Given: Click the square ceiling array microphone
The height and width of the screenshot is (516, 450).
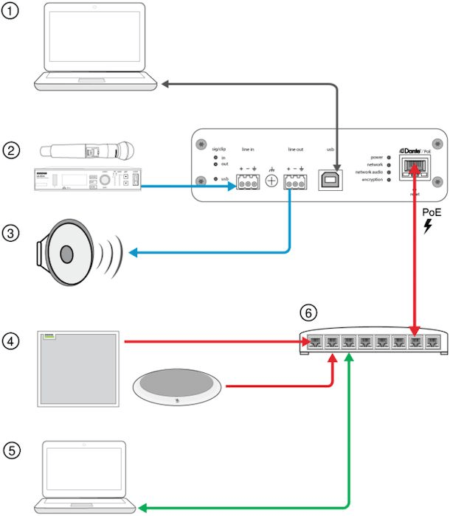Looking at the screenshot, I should pos(78,369).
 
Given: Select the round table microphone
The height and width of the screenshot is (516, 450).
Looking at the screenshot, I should pos(178,385).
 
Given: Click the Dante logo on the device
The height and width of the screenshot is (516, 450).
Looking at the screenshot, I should pos(411,150).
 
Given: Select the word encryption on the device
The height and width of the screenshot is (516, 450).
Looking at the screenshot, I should pos(373,179).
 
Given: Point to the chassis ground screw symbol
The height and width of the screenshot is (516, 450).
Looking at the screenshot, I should pos(271,180).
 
